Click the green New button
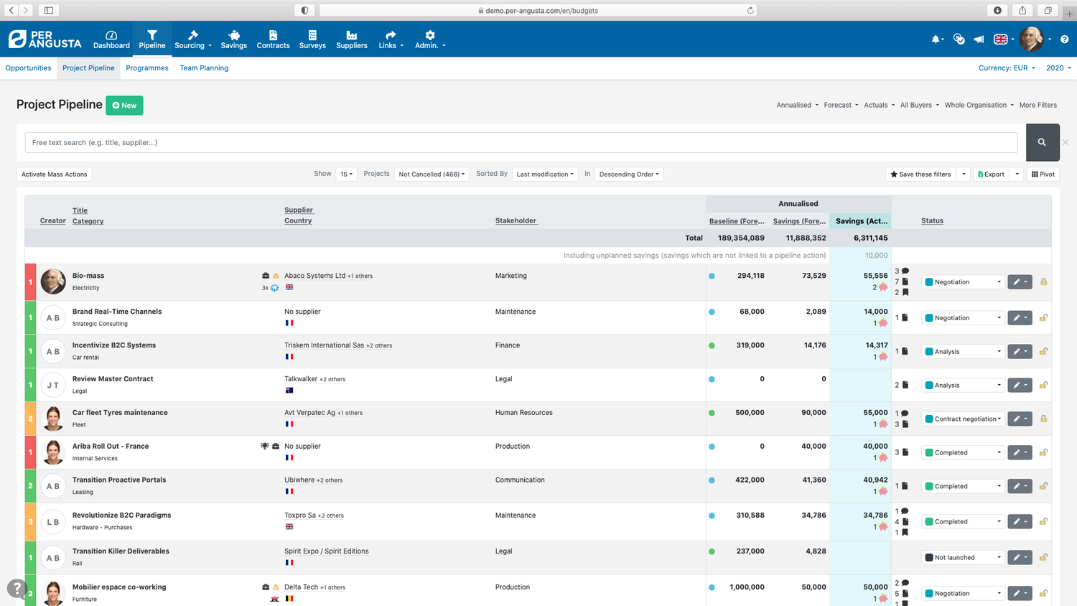[124, 106]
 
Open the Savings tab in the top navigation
[233, 39]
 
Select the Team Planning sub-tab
[204, 68]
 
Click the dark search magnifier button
[1042, 142]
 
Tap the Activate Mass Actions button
[55, 174]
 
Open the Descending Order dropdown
[628, 174]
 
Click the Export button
[991, 174]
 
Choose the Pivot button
[1043, 174]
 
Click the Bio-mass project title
[88, 276]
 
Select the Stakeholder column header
[516, 220]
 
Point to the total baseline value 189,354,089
[741, 238]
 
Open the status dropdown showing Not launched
[963, 558]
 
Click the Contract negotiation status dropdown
[963, 419]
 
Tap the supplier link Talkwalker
[301, 379]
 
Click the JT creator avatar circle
[53, 386]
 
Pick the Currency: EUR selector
[1007, 68]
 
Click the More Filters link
[1038, 105]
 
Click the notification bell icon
[936, 39]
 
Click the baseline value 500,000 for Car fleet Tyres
[750, 413]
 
